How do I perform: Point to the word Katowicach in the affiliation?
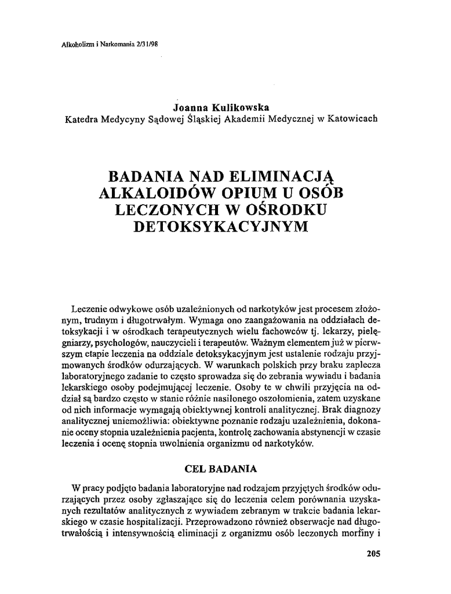tap(352, 119)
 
